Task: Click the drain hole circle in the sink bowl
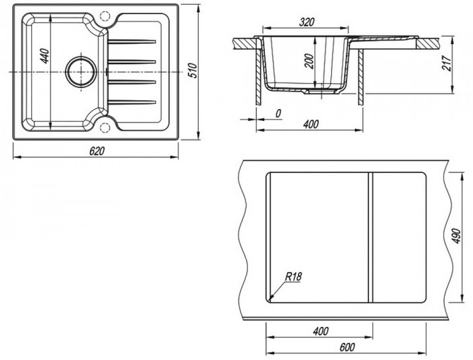point(80,70)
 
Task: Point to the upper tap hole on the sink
point(103,14)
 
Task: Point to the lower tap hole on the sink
point(103,126)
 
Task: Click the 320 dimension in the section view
point(306,22)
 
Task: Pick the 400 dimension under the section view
point(310,125)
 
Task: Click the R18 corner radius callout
point(293,276)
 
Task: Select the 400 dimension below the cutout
point(321,330)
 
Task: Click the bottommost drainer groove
point(133,101)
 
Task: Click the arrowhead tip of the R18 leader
point(269,298)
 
